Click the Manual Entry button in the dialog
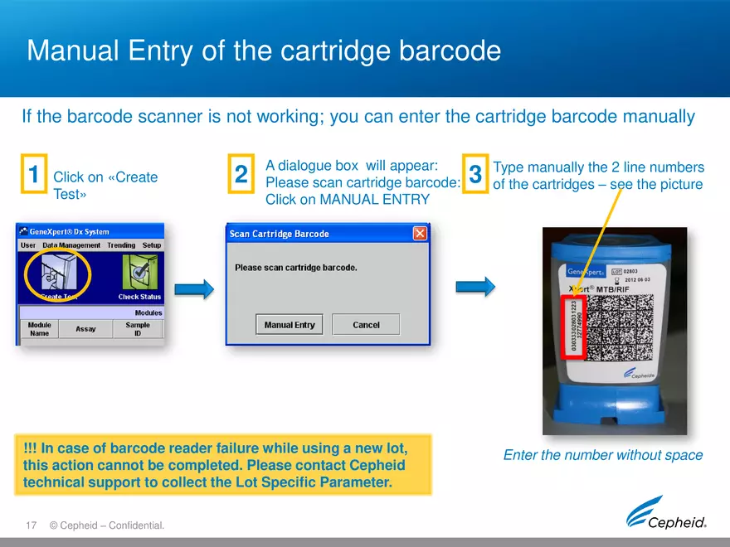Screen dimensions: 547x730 point(290,325)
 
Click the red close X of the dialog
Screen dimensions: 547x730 point(420,234)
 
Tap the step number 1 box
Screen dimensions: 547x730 point(33,175)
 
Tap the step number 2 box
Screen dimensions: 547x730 point(241,175)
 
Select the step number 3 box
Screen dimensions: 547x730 point(475,175)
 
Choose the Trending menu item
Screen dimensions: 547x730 point(121,245)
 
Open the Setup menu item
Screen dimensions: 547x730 point(152,245)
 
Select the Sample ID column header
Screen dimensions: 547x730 point(138,329)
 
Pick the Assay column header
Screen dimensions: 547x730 point(85,329)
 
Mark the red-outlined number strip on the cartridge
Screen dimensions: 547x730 point(575,329)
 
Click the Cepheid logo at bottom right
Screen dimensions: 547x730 point(667,513)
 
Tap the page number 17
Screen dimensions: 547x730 point(32,525)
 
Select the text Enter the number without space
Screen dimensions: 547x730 point(603,455)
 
